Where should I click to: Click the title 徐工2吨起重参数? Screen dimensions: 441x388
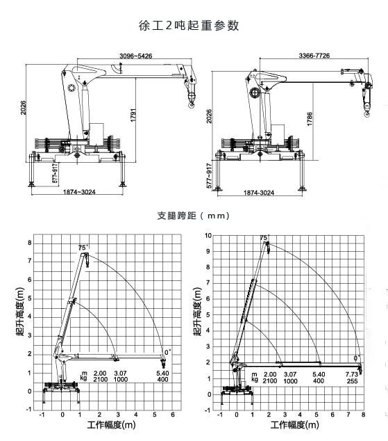pos(189,25)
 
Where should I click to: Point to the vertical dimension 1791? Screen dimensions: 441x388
pos(131,115)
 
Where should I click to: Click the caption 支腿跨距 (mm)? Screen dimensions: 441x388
pos(193,216)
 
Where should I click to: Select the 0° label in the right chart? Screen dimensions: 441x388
pos(357,358)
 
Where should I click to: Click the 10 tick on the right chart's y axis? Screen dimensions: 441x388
pos(208,235)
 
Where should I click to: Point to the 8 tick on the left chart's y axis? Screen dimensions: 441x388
pos(30,243)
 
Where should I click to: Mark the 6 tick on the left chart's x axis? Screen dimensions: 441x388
pos(172,415)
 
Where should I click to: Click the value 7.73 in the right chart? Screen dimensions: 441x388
pos(352,374)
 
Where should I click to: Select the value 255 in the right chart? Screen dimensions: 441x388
pos(352,380)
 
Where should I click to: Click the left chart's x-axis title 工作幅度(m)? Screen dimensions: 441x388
pos(110,425)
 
